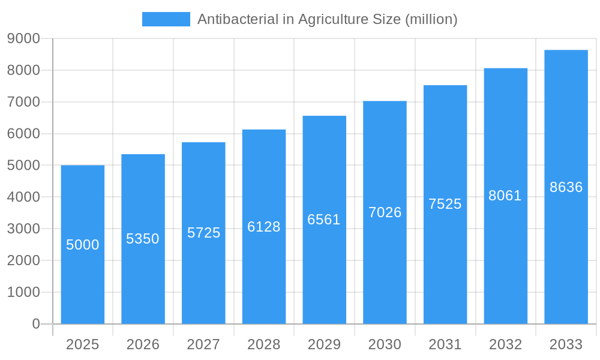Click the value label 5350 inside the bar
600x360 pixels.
(x=143, y=239)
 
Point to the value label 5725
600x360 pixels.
(x=204, y=233)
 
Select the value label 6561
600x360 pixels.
(x=324, y=220)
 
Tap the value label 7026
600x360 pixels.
(x=385, y=212)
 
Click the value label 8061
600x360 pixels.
(x=505, y=196)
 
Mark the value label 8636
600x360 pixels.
(x=566, y=187)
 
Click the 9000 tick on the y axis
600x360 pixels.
(x=23, y=38)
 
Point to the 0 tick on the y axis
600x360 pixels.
(x=35, y=324)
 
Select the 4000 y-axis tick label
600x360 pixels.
(x=23, y=197)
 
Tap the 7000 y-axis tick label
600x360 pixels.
(x=23, y=102)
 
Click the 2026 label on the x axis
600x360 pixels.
(x=143, y=344)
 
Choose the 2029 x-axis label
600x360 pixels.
(x=324, y=344)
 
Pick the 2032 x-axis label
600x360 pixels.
(x=505, y=344)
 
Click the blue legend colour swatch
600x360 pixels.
(x=166, y=19)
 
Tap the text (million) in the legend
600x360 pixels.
(x=431, y=19)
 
